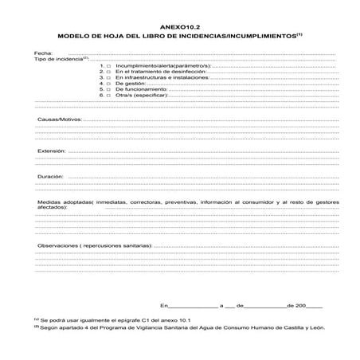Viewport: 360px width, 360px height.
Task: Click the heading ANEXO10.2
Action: click(x=179, y=26)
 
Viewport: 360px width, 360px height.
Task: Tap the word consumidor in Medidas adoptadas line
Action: click(x=252, y=202)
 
